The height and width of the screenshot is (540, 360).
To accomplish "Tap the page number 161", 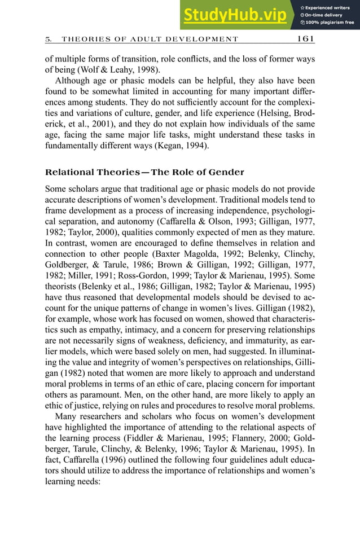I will [305, 39].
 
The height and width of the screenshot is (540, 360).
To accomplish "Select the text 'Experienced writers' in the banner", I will [327, 7].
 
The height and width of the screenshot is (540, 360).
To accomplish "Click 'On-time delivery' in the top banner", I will [324, 15].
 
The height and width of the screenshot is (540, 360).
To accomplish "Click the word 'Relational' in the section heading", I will [70, 172].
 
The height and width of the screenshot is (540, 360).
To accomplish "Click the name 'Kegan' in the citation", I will [183, 146].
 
